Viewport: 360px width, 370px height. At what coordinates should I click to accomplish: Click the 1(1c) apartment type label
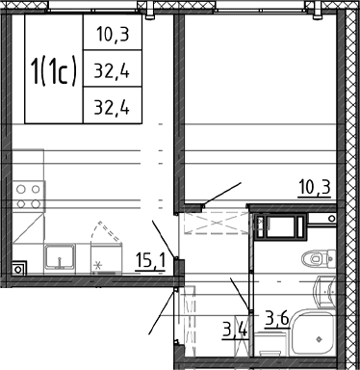54,70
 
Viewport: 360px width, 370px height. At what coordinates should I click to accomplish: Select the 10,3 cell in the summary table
113,34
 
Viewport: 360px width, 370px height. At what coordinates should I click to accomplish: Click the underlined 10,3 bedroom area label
315,188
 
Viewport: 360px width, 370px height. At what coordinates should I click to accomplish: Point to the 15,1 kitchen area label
150,261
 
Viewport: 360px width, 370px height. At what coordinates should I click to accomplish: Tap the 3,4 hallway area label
236,330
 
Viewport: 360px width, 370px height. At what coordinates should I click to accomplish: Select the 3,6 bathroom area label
277,319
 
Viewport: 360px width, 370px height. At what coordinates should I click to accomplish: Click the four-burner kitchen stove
29,197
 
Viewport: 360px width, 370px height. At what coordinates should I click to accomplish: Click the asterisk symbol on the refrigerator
98,266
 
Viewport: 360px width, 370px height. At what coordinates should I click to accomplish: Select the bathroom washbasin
324,292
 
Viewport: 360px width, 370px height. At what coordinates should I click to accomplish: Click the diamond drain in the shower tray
319,339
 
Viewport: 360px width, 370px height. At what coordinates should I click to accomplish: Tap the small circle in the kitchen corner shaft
18,269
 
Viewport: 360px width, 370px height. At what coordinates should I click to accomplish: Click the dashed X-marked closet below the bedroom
217,223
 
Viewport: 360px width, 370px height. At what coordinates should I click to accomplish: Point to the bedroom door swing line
222,193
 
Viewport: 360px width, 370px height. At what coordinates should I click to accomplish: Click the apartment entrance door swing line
162,311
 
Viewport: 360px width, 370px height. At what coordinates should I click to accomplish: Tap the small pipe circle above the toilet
332,219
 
